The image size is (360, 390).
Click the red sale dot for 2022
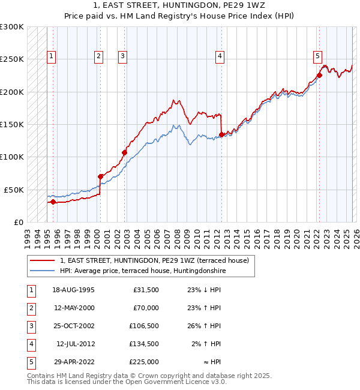(319, 76)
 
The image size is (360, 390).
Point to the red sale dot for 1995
(53, 202)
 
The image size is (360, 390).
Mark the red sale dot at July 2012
(221, 134)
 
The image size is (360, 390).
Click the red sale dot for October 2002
(125, 152)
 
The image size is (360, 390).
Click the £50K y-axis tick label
(14, 190)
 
